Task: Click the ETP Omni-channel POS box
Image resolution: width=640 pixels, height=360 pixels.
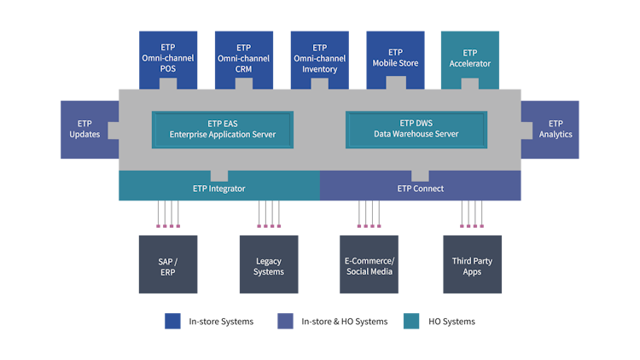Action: pyautogui.click(x=168, y=57)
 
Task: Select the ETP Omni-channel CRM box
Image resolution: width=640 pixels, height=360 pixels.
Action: pyautogui.click(x=243, y=57)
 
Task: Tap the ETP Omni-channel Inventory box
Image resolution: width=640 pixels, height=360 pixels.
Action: pyautogui.click(x=319, y=57)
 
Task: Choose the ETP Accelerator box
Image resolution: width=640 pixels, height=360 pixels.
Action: pyautogui.click(x=469, y=57)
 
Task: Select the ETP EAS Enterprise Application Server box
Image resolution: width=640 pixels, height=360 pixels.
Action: pyautogui.click(x=222, y=129)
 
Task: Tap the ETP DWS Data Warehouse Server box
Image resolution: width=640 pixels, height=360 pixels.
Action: pyautogui.click(x=416, y=129)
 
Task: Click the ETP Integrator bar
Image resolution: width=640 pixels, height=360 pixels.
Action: pyautogui.click(x=218, y=187)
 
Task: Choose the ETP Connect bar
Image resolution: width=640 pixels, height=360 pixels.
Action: pyautogui.click(x=420, y=187)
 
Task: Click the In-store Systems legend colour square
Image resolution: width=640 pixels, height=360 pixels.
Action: pyautogui.click(x=172, y=321)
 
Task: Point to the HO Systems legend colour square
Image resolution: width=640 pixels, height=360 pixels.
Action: pyautogui.click(x=409, y=321)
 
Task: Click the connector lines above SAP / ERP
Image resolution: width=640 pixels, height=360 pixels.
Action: pyautogui.click(x=168, y=215)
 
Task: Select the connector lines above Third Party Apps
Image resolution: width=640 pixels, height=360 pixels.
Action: pyautogui.click(x=472, y=215)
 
